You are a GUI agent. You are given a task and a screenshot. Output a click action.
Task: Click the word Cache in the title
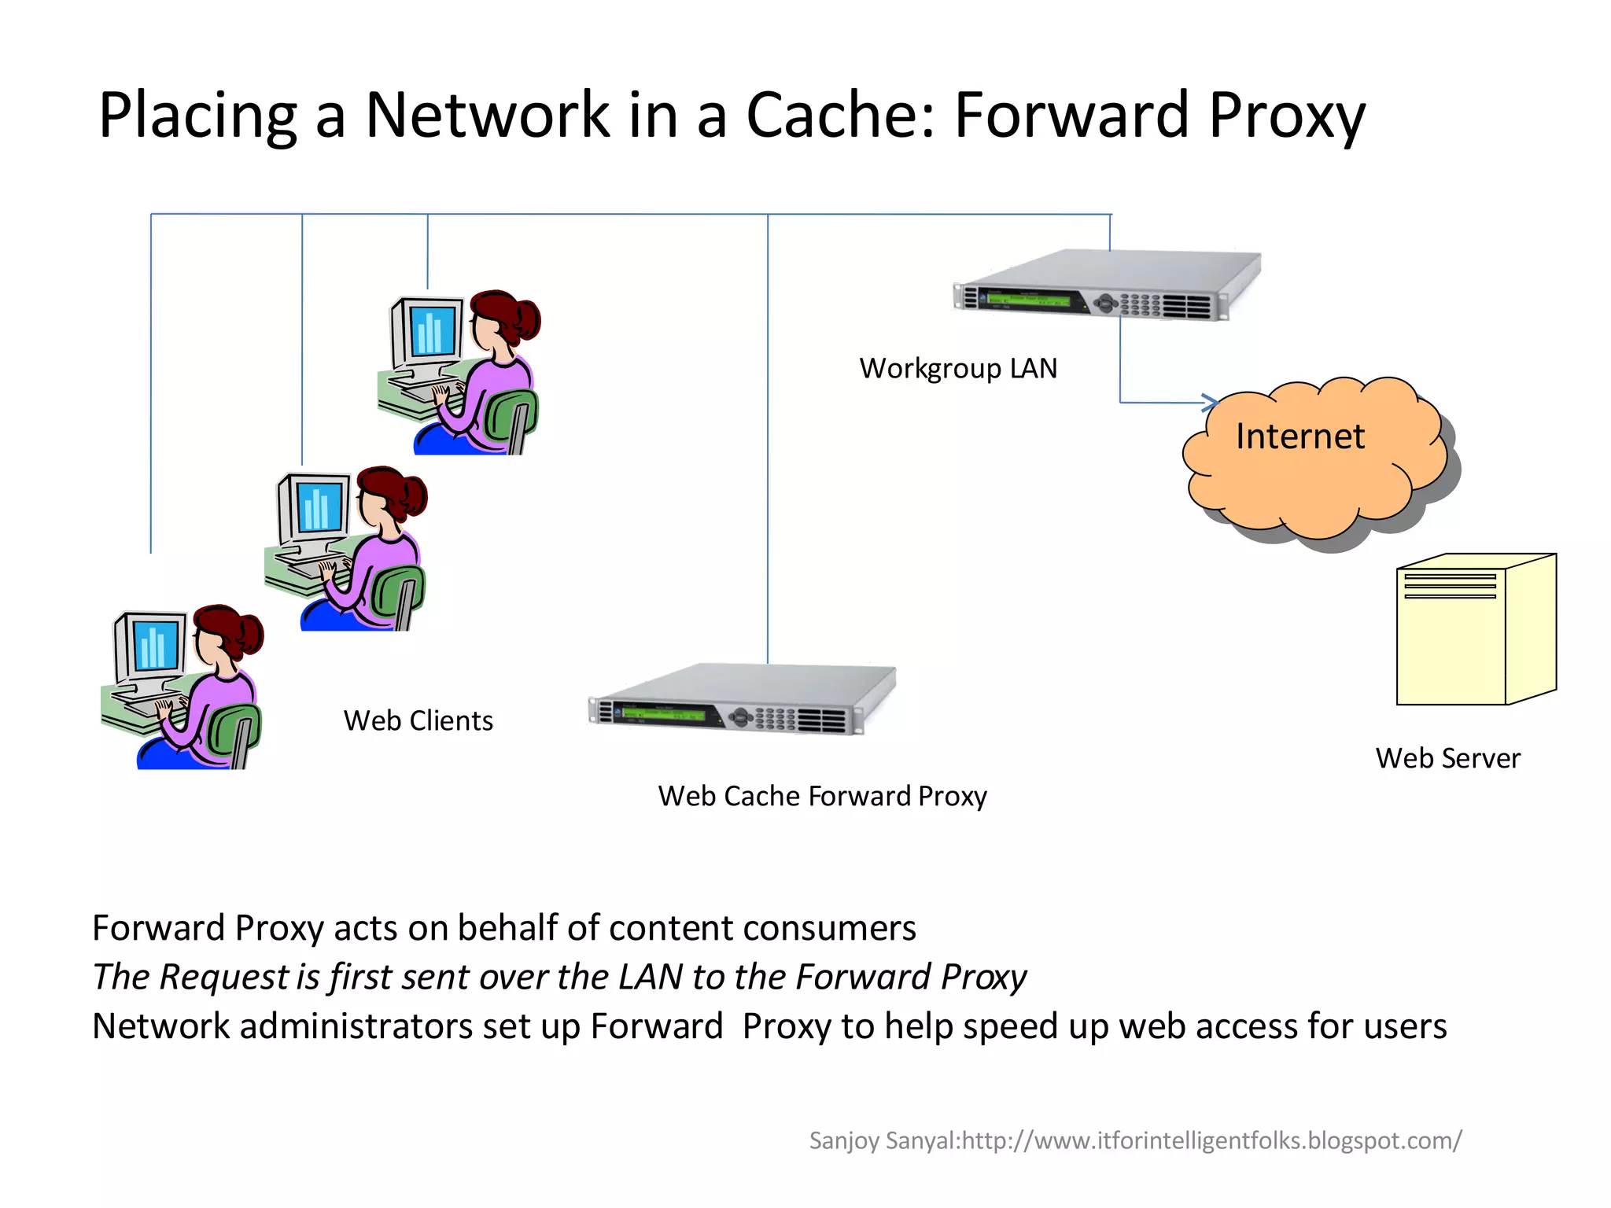click(x=839, y=115)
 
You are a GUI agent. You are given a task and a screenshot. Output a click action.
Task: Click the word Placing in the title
click(x=197, y=116)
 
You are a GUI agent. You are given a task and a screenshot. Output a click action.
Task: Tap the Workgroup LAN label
click(x=958, y=368)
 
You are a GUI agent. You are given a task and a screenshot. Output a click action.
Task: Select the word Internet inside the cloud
click(x=1299, y=436)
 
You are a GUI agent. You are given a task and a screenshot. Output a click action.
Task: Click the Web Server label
click(x=1447, y=758)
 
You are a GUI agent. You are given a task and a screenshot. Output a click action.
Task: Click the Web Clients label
click(x=418, y=720)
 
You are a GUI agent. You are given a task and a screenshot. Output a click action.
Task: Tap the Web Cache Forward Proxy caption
click(x=822, y=796)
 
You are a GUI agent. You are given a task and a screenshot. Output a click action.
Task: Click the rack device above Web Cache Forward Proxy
click(x=742, y=701)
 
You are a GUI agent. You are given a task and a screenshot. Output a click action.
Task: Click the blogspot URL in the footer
click(x=1211, y=1140)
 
